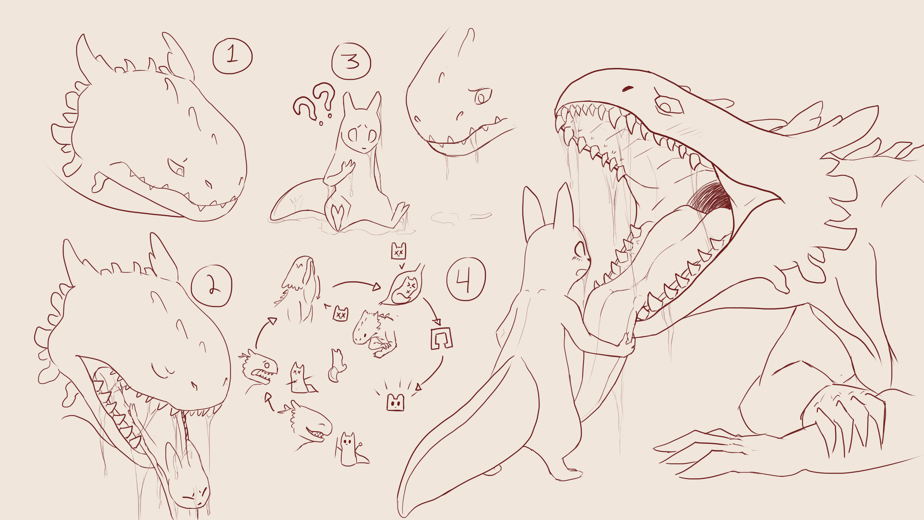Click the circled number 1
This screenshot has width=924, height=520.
point(232,56)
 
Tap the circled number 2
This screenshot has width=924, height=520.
point(212,286)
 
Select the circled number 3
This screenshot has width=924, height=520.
point(351,61)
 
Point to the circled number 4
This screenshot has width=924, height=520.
point(466,279)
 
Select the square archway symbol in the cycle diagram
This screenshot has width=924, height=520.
point(441,338)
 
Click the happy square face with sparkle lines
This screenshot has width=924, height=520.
point(396,402)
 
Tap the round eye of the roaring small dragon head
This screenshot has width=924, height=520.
point(266,365)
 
